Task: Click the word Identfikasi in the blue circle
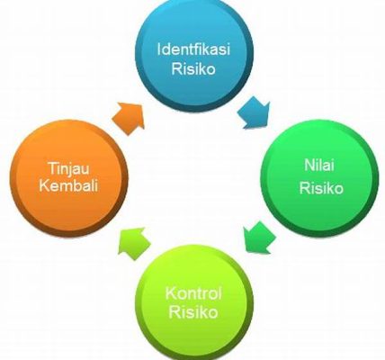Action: pyautogui.click(x=193, y=49)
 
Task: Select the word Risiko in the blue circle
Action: pyautogui.click(x=193, y=68)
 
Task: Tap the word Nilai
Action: pyautogui.click(x=319, y=165)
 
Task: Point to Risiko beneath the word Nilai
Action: pyautogui.click(x=321, y=188)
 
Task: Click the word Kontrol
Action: pyautogui.click(x=193, y=293)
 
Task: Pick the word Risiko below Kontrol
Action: pyautogui.click(x=193, y=312)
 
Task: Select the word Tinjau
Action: pyautogui.click(x=68, y=168)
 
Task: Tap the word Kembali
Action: pyautogui.click(x=68, y=185)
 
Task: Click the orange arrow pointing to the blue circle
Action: pyautogui.click(x=129, y=118)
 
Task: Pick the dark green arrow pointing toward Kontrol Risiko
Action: pyautogui.click(x=259, y=238)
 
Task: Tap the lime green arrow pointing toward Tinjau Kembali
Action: pyautogui.click(x=134, y=243)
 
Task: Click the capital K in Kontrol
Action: pyautogui.click(x=171, y=293)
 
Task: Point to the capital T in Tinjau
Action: pyautogui.click(x=52, y=167)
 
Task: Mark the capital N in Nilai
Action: pyautogui.click(x=309, y=166)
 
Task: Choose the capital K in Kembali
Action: pyautogui.click(x=44, y=185)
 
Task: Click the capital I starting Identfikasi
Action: pyautogui.click(x=159, y=49)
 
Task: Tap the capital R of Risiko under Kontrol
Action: pyautogui.click(x=175, y=312)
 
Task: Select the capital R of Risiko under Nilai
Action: pyautogui.click(x=304, y=188)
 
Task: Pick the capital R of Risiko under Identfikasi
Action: pyautogui.click(x=176, y=69)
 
